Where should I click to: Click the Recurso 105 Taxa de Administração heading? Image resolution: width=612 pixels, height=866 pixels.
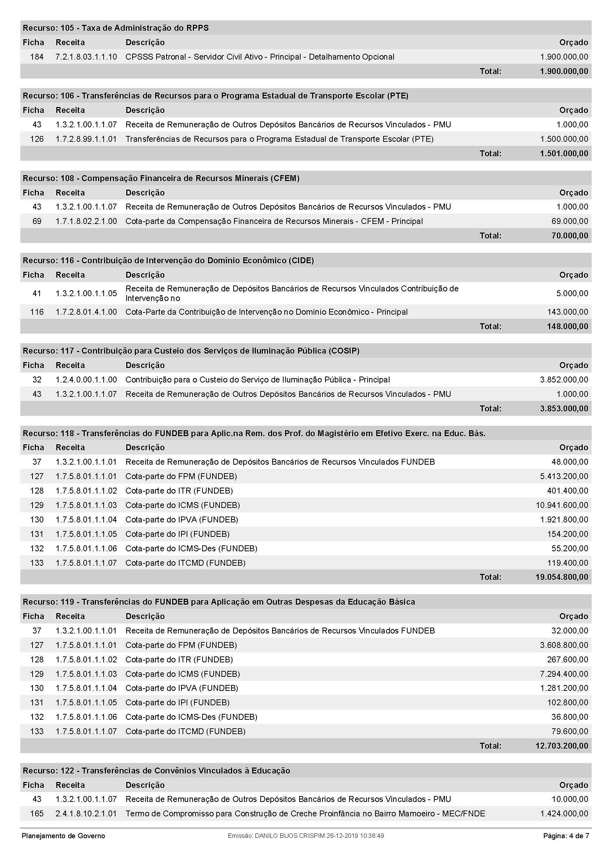point(116,28)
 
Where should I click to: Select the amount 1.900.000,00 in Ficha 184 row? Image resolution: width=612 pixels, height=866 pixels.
point(564,57)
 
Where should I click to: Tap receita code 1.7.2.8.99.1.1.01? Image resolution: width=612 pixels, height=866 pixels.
point(86,139)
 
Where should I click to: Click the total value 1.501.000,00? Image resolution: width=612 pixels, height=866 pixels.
point(564,154)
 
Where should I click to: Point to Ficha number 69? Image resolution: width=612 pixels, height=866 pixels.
point(37,221)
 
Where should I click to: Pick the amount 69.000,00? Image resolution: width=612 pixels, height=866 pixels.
point(569,221)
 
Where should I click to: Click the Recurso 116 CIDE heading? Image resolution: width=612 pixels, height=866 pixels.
point(168,261)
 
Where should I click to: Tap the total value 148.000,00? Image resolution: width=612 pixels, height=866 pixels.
point(567,327)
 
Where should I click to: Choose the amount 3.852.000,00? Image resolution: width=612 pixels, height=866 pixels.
point(564,380)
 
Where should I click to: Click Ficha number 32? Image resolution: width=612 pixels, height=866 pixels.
point(37,380)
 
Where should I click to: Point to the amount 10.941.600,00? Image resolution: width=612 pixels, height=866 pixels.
point(562,505)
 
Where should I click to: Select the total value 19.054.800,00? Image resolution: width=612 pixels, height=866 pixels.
point(562,577)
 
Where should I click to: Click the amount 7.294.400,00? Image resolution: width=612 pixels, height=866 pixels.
point(564,674)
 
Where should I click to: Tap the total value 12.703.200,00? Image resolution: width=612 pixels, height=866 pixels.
point(562,746)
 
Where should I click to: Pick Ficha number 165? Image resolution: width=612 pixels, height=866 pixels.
point(37,813)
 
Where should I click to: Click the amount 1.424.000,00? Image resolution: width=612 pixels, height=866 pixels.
point(564,813)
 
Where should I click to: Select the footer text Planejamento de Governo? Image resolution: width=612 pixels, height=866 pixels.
point(63,836)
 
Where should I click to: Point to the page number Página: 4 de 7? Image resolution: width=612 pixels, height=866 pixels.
point(566,836)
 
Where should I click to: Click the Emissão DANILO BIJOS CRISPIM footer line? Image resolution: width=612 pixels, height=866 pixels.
point(306,836)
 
